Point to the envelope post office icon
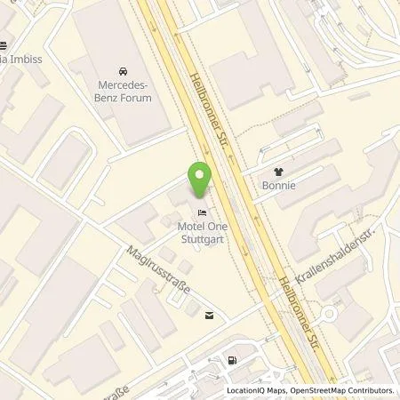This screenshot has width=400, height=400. point(209,314)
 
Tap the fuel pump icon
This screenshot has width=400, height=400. point(233,360)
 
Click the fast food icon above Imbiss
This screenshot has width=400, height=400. point(4,47)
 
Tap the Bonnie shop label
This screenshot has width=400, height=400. point(278,188)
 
